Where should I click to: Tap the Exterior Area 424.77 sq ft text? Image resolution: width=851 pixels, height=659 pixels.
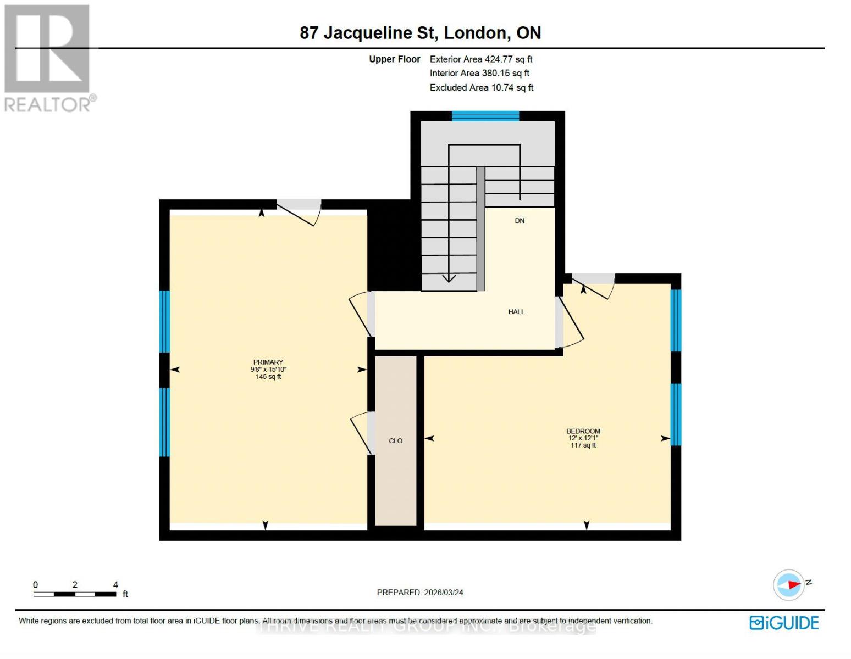coord(480,59)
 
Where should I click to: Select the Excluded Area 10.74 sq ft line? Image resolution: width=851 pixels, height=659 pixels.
coord(481,87)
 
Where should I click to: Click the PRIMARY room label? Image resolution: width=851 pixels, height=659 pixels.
coord(268,362)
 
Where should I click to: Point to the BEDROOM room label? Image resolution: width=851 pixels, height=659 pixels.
coord(583,431)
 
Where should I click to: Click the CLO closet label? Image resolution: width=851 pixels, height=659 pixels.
coord(396,440)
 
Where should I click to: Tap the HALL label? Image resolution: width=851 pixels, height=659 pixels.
coord(516,312)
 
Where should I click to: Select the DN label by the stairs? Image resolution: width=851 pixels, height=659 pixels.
coord(520,221)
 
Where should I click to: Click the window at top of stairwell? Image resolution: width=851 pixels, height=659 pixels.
coord(485,116)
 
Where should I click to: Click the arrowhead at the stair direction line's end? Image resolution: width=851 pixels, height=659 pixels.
coord(449,278)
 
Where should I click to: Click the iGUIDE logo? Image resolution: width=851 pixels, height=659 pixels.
coord(784,623)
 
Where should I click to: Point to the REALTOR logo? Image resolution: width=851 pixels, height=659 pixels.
coord(48,58)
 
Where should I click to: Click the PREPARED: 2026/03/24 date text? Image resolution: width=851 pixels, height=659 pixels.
coord(420,593)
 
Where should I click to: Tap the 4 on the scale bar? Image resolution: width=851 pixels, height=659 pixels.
coord(115,585)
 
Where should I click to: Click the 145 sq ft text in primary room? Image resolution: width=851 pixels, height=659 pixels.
coord(268,377)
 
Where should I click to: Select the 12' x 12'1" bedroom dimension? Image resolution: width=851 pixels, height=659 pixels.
coord(583,438)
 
